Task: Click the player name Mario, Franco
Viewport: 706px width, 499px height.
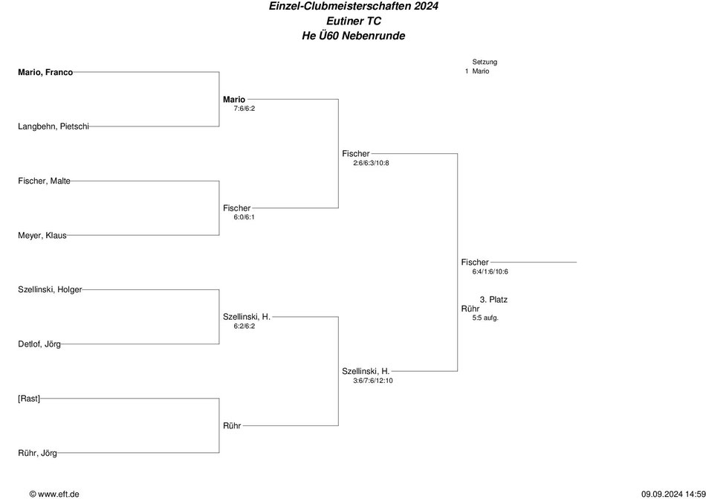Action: pyautogui.click(x=45, y=72)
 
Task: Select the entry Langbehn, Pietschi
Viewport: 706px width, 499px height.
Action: pyautogui.click(x=54, y=126)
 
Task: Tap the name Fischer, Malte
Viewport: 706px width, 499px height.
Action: pyautogui.click(x=44, y=181)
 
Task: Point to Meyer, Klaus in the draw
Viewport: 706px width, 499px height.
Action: pyautogui.click(x=42, y=236)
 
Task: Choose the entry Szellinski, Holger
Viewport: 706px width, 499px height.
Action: pyautogui.click(x=50, y=289)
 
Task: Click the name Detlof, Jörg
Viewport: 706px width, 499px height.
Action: pyautogui.click(x=39, y=344)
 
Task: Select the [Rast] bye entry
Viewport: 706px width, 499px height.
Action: pyautogui.click(x=29, y=399)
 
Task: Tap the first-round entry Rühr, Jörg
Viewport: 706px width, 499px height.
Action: pyautogui.click(x=37, y=453)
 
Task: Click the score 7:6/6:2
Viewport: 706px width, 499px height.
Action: pyautogui.click(x=244, y=109)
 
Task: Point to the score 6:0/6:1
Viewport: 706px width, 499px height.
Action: pyautogui.click(x=244, y=217)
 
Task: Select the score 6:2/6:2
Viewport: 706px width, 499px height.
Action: pyautogui.click(x=244, y=326)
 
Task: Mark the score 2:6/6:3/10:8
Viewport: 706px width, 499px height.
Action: pyautogui.click(x=371, y=163)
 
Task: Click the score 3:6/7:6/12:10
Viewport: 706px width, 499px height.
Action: pyautogui.click(x=373, y=381)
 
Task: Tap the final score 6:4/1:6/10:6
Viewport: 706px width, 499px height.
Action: pyautogui.click(x=490, y=271)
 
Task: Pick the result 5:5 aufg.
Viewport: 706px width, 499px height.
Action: pyautogui.click(x=485, y=318)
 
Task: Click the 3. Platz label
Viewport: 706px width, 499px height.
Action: pyautogui.click(x=493, y=300)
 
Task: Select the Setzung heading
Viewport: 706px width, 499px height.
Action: pyautogui.click(x=485, y=62)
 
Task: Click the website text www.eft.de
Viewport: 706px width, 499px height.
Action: pyautogui.click(x=59, y=494)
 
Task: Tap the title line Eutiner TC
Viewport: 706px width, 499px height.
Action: pyautogui.click(x=354, y=21)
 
